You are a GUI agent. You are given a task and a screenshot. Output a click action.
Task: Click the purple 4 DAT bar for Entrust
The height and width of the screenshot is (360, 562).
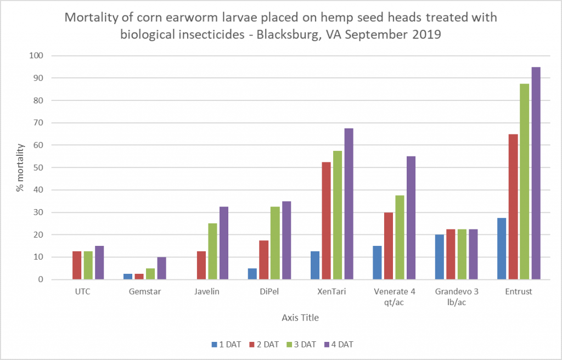[x=536, y=173]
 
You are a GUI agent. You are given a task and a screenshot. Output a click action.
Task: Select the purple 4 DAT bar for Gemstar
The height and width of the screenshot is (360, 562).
[x=161, y=268]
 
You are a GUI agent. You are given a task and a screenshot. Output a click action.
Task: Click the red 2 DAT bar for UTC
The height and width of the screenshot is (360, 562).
[x=77, y=266]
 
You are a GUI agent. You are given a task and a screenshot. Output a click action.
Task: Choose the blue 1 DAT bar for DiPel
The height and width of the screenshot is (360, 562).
[x=252, y=274]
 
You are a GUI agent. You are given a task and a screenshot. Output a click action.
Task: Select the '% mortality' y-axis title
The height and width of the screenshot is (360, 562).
[x=20, y=168]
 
